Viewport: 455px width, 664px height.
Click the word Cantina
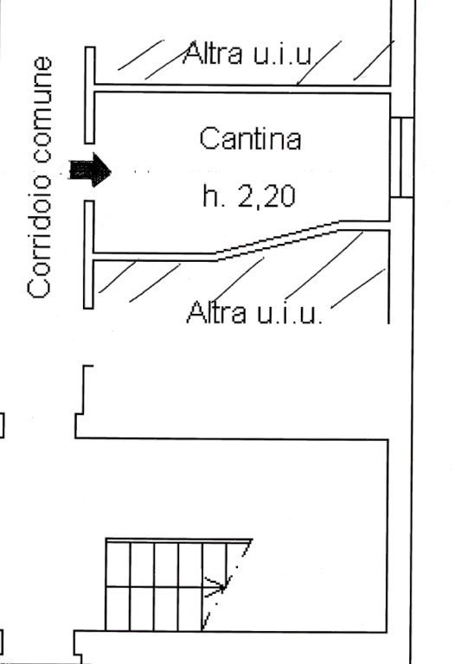[250, 138]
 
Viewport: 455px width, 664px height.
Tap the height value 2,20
[266, 195]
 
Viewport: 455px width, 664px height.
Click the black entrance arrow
[90, 170]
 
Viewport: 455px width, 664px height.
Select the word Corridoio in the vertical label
[39, 236]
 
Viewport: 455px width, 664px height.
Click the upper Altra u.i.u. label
[248, 53]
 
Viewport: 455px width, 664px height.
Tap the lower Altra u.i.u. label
[254, 312]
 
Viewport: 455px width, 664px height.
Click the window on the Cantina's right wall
[401, 157]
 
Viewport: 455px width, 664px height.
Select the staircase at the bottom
[178, 584]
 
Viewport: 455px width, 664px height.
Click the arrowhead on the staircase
[220, 586]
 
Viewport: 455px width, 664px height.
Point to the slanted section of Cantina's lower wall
[278, 240]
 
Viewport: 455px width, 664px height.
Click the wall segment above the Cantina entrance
[90, 95]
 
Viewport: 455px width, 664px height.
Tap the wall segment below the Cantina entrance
[88, 254]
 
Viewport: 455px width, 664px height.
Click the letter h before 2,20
[209, 195]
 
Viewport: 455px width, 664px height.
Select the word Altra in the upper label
[213, 53]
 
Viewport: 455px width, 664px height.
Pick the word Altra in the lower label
[216, 312]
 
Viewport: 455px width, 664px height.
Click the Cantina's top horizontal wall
[242, 89]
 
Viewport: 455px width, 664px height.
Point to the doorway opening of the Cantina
[89, 172]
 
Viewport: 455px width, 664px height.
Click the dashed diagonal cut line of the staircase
[227, 584]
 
